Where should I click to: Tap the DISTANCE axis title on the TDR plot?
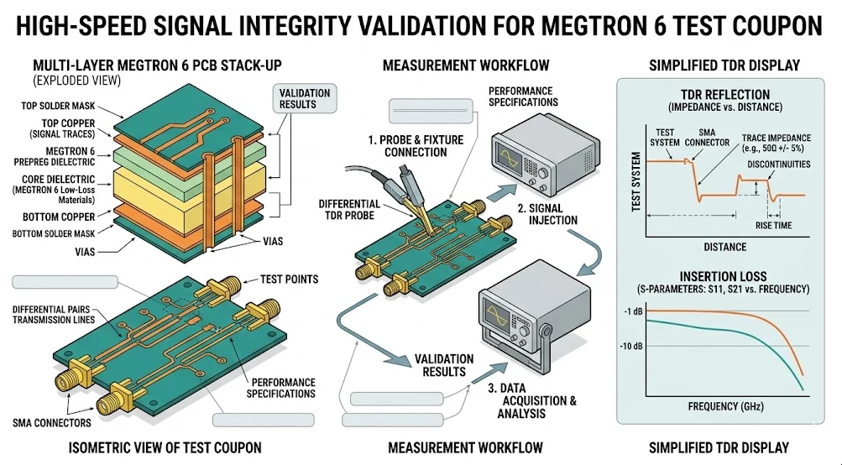724,247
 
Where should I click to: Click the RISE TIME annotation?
773,225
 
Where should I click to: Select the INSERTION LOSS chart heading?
723,276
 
